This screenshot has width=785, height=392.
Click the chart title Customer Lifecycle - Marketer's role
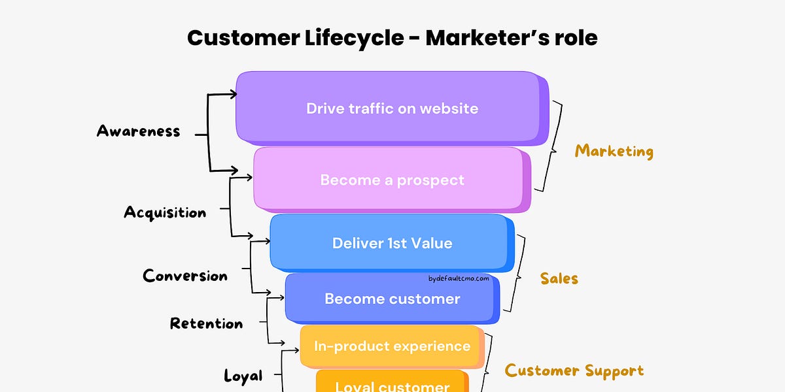coord(392,38)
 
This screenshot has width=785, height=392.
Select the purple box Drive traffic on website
coord(391,108)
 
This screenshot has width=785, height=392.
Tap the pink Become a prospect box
coord(391,180)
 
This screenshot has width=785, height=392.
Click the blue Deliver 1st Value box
coord(391,243)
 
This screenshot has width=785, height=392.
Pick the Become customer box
coord(391,299)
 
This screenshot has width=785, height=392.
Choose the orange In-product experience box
coord(391,346)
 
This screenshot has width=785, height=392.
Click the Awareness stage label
coord(138,131)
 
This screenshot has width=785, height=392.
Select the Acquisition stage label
coord(165,212)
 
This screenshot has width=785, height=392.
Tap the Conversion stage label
coord(185,276)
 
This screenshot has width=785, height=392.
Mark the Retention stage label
coord(206,323)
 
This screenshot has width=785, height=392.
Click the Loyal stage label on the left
coord(243,376)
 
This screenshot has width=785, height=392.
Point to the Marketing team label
coord(614,152)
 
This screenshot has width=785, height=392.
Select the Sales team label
coord(559,279)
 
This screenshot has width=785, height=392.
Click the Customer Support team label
coord(574,371)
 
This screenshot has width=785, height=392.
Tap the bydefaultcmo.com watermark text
coord(459,278)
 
